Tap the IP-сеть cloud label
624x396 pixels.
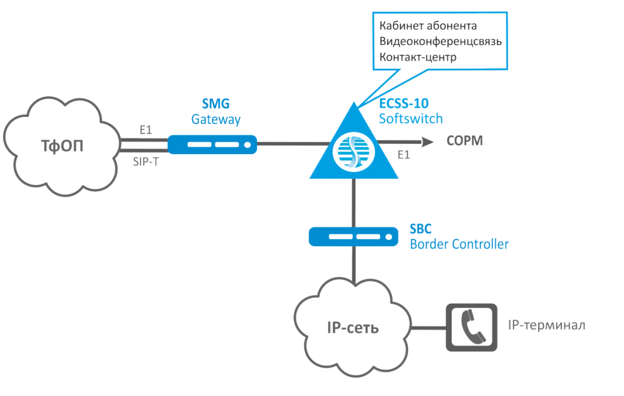(x=352, y=327)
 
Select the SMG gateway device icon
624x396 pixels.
(x=212, y=143)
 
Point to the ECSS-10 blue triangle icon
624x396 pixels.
(x=353, y=150)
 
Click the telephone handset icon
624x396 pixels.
(x=472, y=327)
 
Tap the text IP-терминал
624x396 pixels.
(x=546, y=325)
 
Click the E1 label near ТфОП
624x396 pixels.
(x=145, y=130)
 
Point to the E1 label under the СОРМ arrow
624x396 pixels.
(x=403, y=155)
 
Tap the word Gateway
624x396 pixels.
(x=216, y=119)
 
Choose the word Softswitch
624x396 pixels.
(x=411, y=119)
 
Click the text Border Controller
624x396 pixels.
(x=459, y=243)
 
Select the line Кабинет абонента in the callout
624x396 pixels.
(x=428, y=26)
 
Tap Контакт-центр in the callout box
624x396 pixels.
(x=418, y=58)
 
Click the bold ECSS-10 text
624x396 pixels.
(x=403, y=104)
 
